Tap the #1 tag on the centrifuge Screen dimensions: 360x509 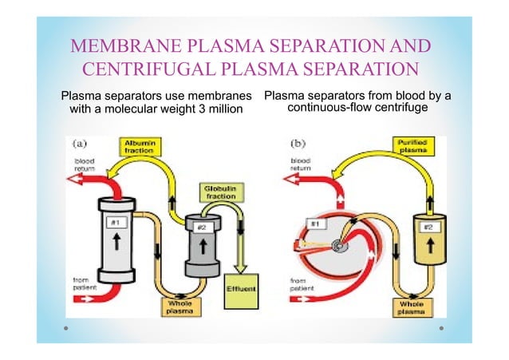pos(315,224)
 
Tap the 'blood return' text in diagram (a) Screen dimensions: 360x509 pos(77,165)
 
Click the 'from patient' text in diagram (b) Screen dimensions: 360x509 pos(301,285)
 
